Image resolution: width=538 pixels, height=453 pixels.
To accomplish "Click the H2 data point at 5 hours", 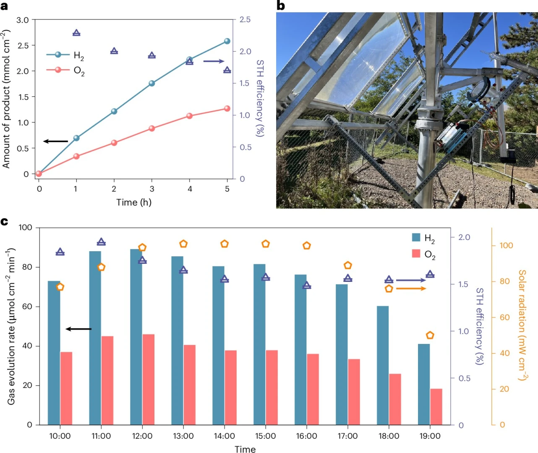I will pyautogui.click(x=227, y=41).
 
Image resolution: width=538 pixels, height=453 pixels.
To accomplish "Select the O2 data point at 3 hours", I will pyautogui.click(x=152, y=128).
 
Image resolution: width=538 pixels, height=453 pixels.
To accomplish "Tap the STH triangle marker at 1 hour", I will pyautogui.click(x=76, y=33).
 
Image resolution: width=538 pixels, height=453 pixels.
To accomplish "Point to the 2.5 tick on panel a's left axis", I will pyautogui.click(x=23, y=46).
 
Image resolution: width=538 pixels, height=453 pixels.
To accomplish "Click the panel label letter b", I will pyautogui.click(x=281, y=5).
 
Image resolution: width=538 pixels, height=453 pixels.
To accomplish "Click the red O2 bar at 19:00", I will pyautogui.click(x=436, y=406).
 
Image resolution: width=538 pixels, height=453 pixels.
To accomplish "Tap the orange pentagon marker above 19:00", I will pyautogui.click(x=430, y=335).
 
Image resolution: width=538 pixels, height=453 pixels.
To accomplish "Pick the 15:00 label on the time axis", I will pyautogui.click(x=265, y=436).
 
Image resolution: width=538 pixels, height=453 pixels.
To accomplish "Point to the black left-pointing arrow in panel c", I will pyautogui.click(x=78, y=329).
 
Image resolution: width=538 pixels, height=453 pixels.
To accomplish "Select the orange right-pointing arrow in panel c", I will pyautogui.click(x=411, y=289).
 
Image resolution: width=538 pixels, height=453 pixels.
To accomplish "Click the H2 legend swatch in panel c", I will pyautogui.click(x=416, y=237).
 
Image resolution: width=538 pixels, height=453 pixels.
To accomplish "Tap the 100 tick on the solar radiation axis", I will pyautogui.click(x=506, y=245).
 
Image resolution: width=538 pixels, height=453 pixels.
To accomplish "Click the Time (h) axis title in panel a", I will pyautogui.click(x=134, y=202).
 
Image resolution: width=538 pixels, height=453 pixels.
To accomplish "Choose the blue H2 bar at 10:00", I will pyautogui.click(x=54, y=353).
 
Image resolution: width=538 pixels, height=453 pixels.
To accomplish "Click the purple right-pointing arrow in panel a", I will pyautogui.click(x=214, y=61).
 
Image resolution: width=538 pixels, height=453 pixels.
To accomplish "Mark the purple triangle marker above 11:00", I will pyautogui.click(x=101, y=242).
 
